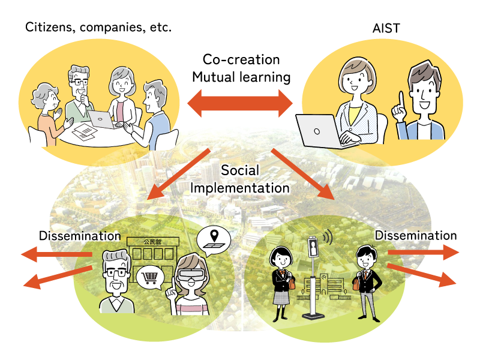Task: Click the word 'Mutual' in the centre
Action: coord(220,77)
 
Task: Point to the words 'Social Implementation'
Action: coord(240,179)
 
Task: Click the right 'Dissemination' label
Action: coord(416,235)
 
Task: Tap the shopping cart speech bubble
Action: coord(150,278)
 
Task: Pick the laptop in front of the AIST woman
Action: coord(320,129)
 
